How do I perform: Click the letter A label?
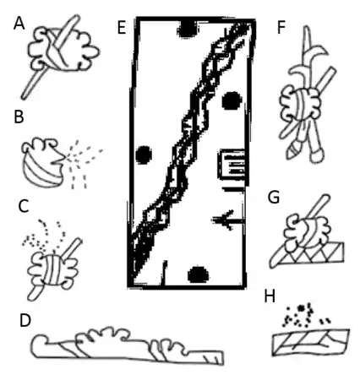pyautogui.click(x=19, y=23)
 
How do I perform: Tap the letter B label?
pyautogui.click(x=19, y=117)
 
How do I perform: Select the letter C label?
pyautogui.click(x=24, y=206)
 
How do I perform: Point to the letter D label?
pyautogui.click(x=25, y=320)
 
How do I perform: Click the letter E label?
pyautogui.click(x=122, y=28)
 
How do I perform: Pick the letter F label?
pyautogui.click(x=281, y=27)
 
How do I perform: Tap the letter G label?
pyautogui.click(x=274, y=198)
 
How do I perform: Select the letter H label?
pyautogui.click(x=270, y=296)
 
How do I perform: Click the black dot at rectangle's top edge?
pyautogui.click(x=187, y=30)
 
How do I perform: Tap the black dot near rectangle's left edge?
pyautogui.click(x=144, y=155)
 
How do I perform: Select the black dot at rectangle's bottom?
pyautogui.click(x=199, y=274)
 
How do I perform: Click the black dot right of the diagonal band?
pyautogui.click(x=232, y=100)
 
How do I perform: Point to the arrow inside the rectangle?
pyautogui.click(x=228, y=220)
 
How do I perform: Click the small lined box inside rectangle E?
pyautogui.click(x=232, y=165)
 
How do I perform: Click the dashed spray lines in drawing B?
pyautogui.click(x=84, y=163)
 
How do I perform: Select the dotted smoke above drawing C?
pyautogui.click(x=44, y=236)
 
